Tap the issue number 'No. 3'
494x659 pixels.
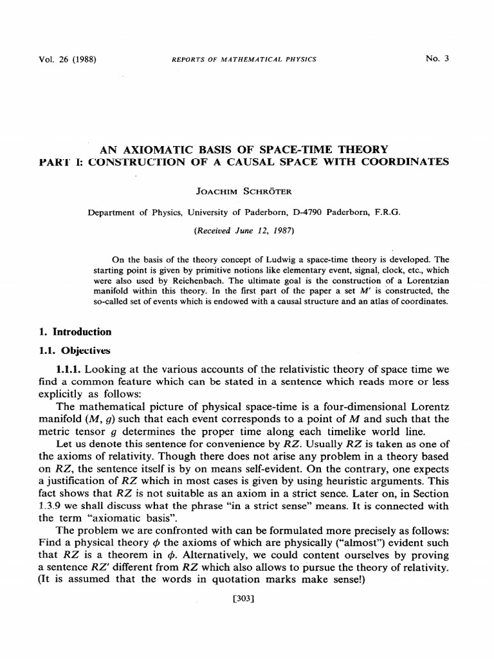click(437, 59)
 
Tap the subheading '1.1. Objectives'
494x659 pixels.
click(75, 351)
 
